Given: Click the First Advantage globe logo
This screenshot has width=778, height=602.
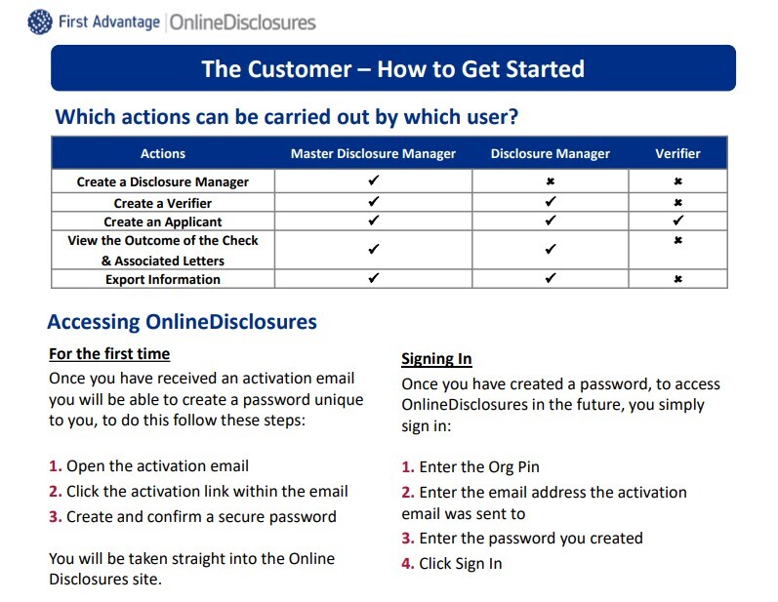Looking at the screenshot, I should [41, 21].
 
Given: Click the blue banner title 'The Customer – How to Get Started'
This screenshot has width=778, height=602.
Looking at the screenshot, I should [392, 69].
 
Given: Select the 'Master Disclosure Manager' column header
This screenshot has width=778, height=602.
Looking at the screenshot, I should [373, 153].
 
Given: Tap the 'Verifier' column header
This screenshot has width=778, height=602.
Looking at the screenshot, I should [677, 153].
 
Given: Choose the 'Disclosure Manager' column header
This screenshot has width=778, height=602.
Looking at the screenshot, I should [550, 153].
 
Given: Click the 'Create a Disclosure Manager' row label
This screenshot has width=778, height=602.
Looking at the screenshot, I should [163, 181].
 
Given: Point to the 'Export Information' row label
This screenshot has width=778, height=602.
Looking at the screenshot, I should [163, 279].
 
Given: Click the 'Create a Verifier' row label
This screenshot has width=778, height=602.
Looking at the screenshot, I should [163, 203].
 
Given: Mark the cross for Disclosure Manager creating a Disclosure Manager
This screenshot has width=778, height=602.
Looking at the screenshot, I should [551, 181].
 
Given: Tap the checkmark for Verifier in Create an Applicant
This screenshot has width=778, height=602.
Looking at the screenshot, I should [677, 221].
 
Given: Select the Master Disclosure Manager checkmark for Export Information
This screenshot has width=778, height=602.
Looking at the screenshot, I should [373, 279].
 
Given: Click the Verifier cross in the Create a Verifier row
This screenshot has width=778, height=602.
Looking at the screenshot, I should [677, 203].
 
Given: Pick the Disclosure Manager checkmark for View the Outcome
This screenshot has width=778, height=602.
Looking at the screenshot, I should [551, 250].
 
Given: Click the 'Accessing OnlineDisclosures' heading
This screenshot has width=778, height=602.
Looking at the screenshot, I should [182, 322].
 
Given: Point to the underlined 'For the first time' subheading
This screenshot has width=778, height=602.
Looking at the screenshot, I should [109, 353].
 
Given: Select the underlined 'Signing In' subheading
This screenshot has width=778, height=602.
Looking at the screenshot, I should [436, 358].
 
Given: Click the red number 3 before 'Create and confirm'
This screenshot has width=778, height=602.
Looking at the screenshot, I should [55, 517].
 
